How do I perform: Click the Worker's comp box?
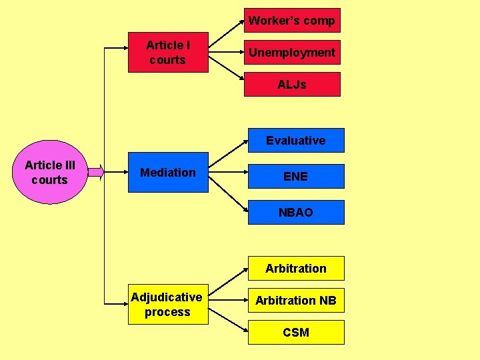[292, 20]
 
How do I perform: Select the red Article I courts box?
[168, 53]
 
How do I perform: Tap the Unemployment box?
[292, 52]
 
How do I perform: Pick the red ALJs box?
[292, 85]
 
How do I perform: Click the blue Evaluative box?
[296, 141]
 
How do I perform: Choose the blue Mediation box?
[168, 173]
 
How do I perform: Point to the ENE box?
[296, 177]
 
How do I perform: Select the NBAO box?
[296, 213]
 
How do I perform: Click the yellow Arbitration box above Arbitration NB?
[296, 269]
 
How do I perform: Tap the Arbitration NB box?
[296, 301]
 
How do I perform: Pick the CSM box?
[296, 333]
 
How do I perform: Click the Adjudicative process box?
[168, 305]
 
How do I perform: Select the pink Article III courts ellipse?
[50, 173]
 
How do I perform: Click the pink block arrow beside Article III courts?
[96, 173]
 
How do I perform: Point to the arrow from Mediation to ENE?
[228, 175]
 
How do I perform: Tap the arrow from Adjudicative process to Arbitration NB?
[228, 301]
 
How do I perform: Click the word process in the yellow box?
[168, 312]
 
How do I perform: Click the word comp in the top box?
[319, 21]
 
